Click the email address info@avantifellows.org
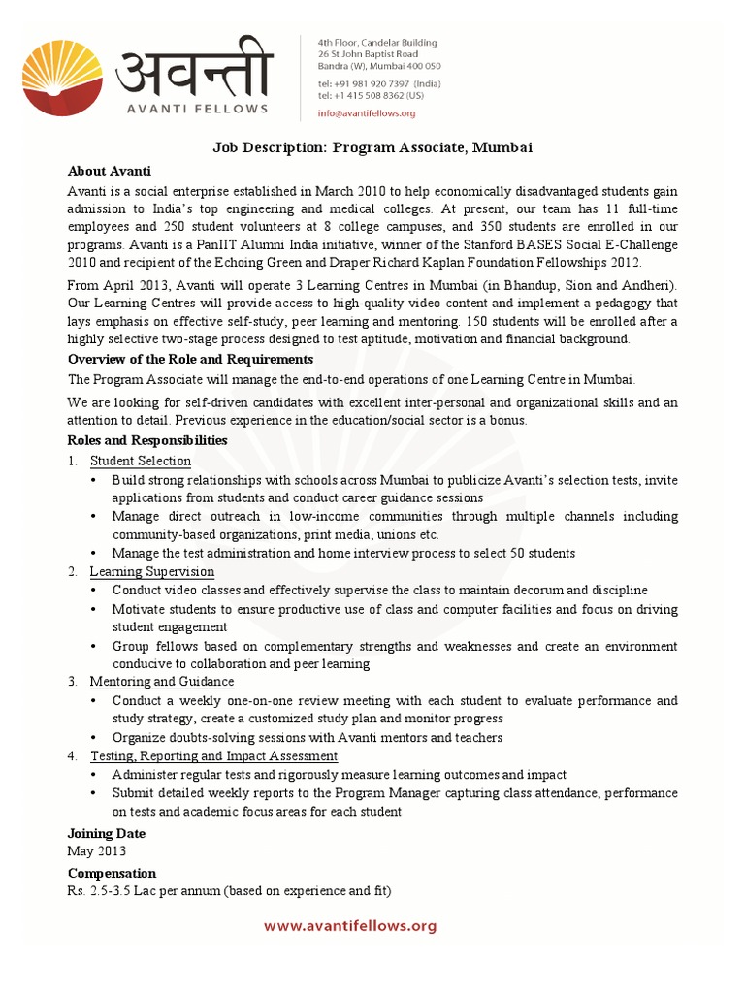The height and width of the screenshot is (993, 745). (367, 113)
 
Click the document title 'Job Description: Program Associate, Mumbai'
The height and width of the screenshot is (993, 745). (372, 147)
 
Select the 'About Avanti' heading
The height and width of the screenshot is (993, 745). (110, 171)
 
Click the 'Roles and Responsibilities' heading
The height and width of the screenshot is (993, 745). (147, 440)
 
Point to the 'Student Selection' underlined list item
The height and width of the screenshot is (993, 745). (141, 461)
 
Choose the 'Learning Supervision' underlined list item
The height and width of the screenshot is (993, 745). (152, 572)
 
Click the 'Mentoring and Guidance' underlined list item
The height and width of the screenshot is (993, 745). (162, 682)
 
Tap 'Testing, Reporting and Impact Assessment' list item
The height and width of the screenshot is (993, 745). (213, 755)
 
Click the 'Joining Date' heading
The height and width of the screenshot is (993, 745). (107, 833)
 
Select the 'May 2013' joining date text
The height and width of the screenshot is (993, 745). (96, 851)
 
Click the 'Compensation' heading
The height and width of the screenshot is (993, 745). (112, 873)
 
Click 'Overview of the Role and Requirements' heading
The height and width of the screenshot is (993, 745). (190, 359)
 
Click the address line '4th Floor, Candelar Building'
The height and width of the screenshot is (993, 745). (377, 43)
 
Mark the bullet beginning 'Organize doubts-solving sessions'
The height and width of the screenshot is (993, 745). (307, 737)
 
